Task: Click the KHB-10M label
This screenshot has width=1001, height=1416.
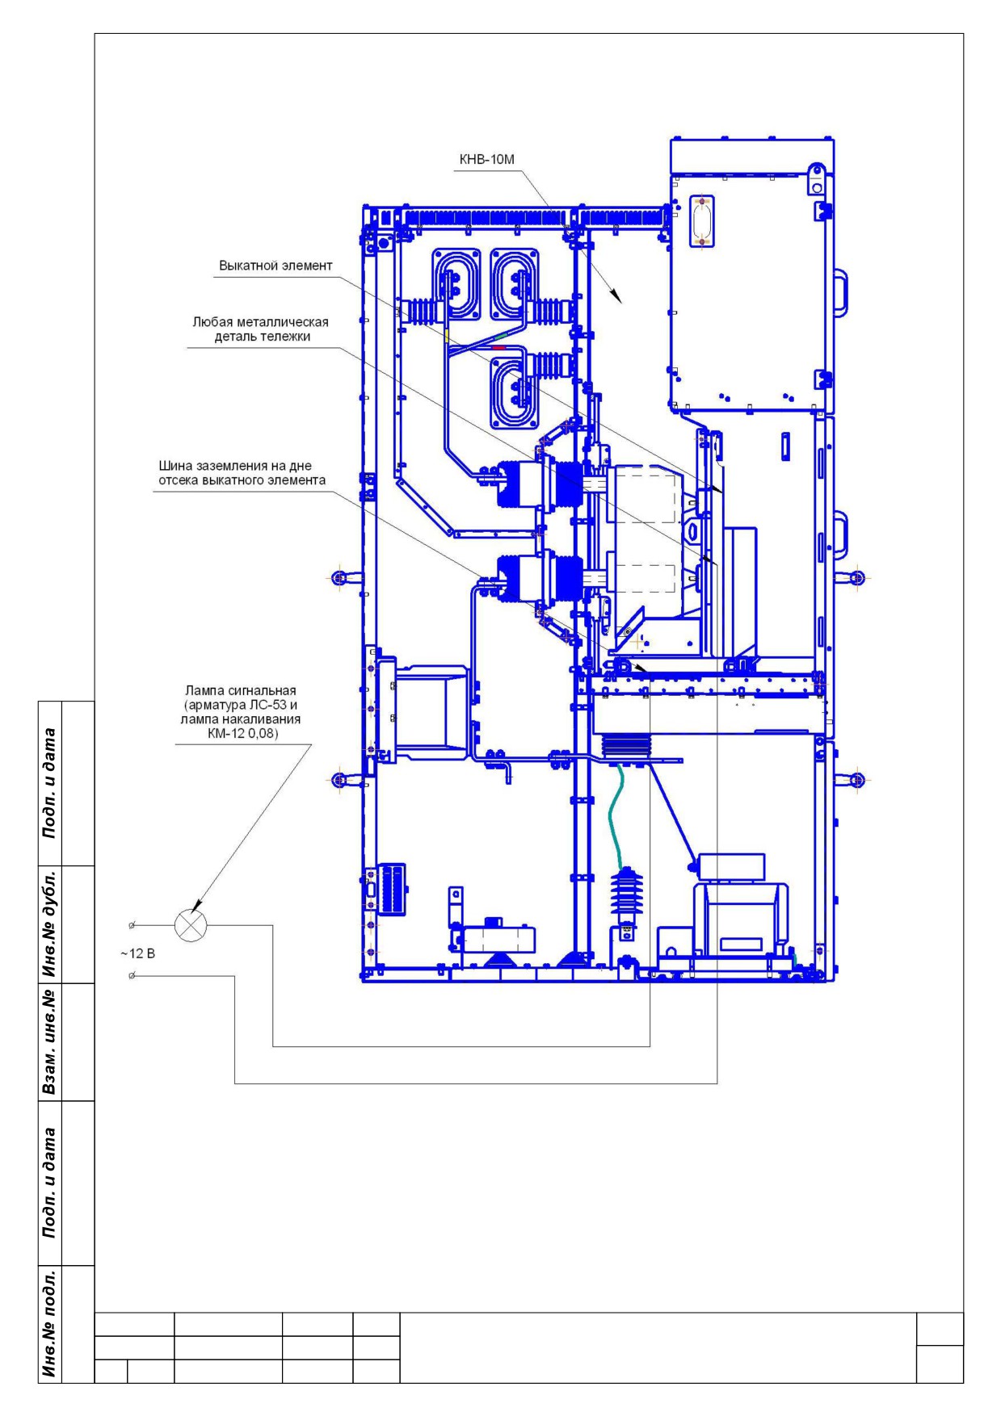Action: (x=486, y=160)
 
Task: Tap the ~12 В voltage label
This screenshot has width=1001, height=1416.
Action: (x=138, y=953)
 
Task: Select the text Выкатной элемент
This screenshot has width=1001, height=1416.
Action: (x=275, y=266)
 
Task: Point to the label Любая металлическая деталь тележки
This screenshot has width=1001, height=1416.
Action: (x=261, y=329)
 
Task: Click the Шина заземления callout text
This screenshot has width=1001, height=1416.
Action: (x=242, y=473)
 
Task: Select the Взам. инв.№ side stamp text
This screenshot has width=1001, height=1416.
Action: (x=51, y=1041)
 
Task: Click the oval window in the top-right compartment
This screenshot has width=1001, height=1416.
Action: (x=700, y=220)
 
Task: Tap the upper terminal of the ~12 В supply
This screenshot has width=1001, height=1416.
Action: (x=132, y=925)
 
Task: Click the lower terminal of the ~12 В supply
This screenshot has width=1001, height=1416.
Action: (x=132, y=977)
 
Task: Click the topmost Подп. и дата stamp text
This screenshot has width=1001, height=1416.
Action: (x=51, y=783)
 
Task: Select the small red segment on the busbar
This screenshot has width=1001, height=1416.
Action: (x=498, y=347)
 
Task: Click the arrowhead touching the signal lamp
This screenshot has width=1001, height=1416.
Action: (x=199, y=907)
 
